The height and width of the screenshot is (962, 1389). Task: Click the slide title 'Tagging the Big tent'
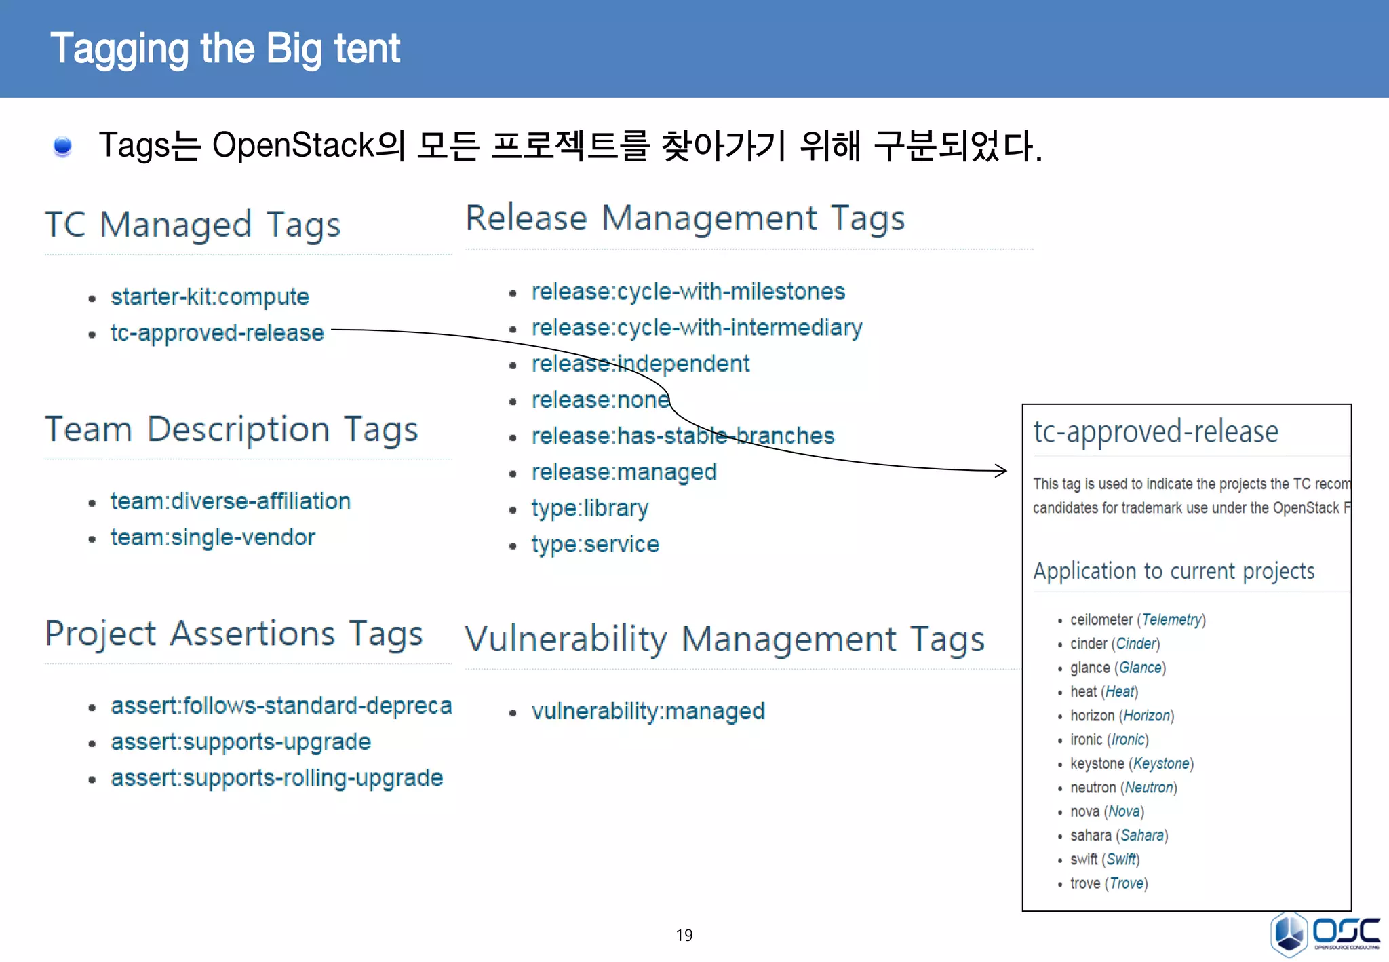click(225, 49)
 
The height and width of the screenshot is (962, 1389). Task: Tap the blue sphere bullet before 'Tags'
click(62, 146)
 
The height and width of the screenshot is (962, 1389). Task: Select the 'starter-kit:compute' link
click(210, 296)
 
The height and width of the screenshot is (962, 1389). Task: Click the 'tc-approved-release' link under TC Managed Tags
click(217, 332)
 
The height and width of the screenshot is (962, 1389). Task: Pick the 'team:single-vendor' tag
click(213, 537)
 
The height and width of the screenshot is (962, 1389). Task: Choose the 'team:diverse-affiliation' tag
click(231, 501)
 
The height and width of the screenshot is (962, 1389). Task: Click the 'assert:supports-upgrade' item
click(241, 742)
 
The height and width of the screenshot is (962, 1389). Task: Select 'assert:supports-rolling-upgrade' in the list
click(277, 777)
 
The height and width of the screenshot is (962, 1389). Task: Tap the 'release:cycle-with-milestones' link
click(688, 292)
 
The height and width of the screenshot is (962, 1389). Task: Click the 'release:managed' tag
click(623, 472)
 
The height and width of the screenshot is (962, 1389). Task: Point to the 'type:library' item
click(589, 508)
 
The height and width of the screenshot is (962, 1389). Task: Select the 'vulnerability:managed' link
click(648, 711)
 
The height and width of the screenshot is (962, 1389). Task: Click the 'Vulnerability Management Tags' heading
click(724, 639)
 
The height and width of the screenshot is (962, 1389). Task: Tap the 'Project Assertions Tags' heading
click(234, 634)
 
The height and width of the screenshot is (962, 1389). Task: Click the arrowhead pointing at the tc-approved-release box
click(1002, 470)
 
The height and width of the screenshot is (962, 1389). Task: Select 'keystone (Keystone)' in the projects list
click(1131, 763)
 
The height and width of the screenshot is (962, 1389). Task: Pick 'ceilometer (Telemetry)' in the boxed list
click(1137, 619)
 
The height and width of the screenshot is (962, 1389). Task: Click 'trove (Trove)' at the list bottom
click(1108, 883)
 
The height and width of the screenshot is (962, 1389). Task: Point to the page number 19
click(684, 935)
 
